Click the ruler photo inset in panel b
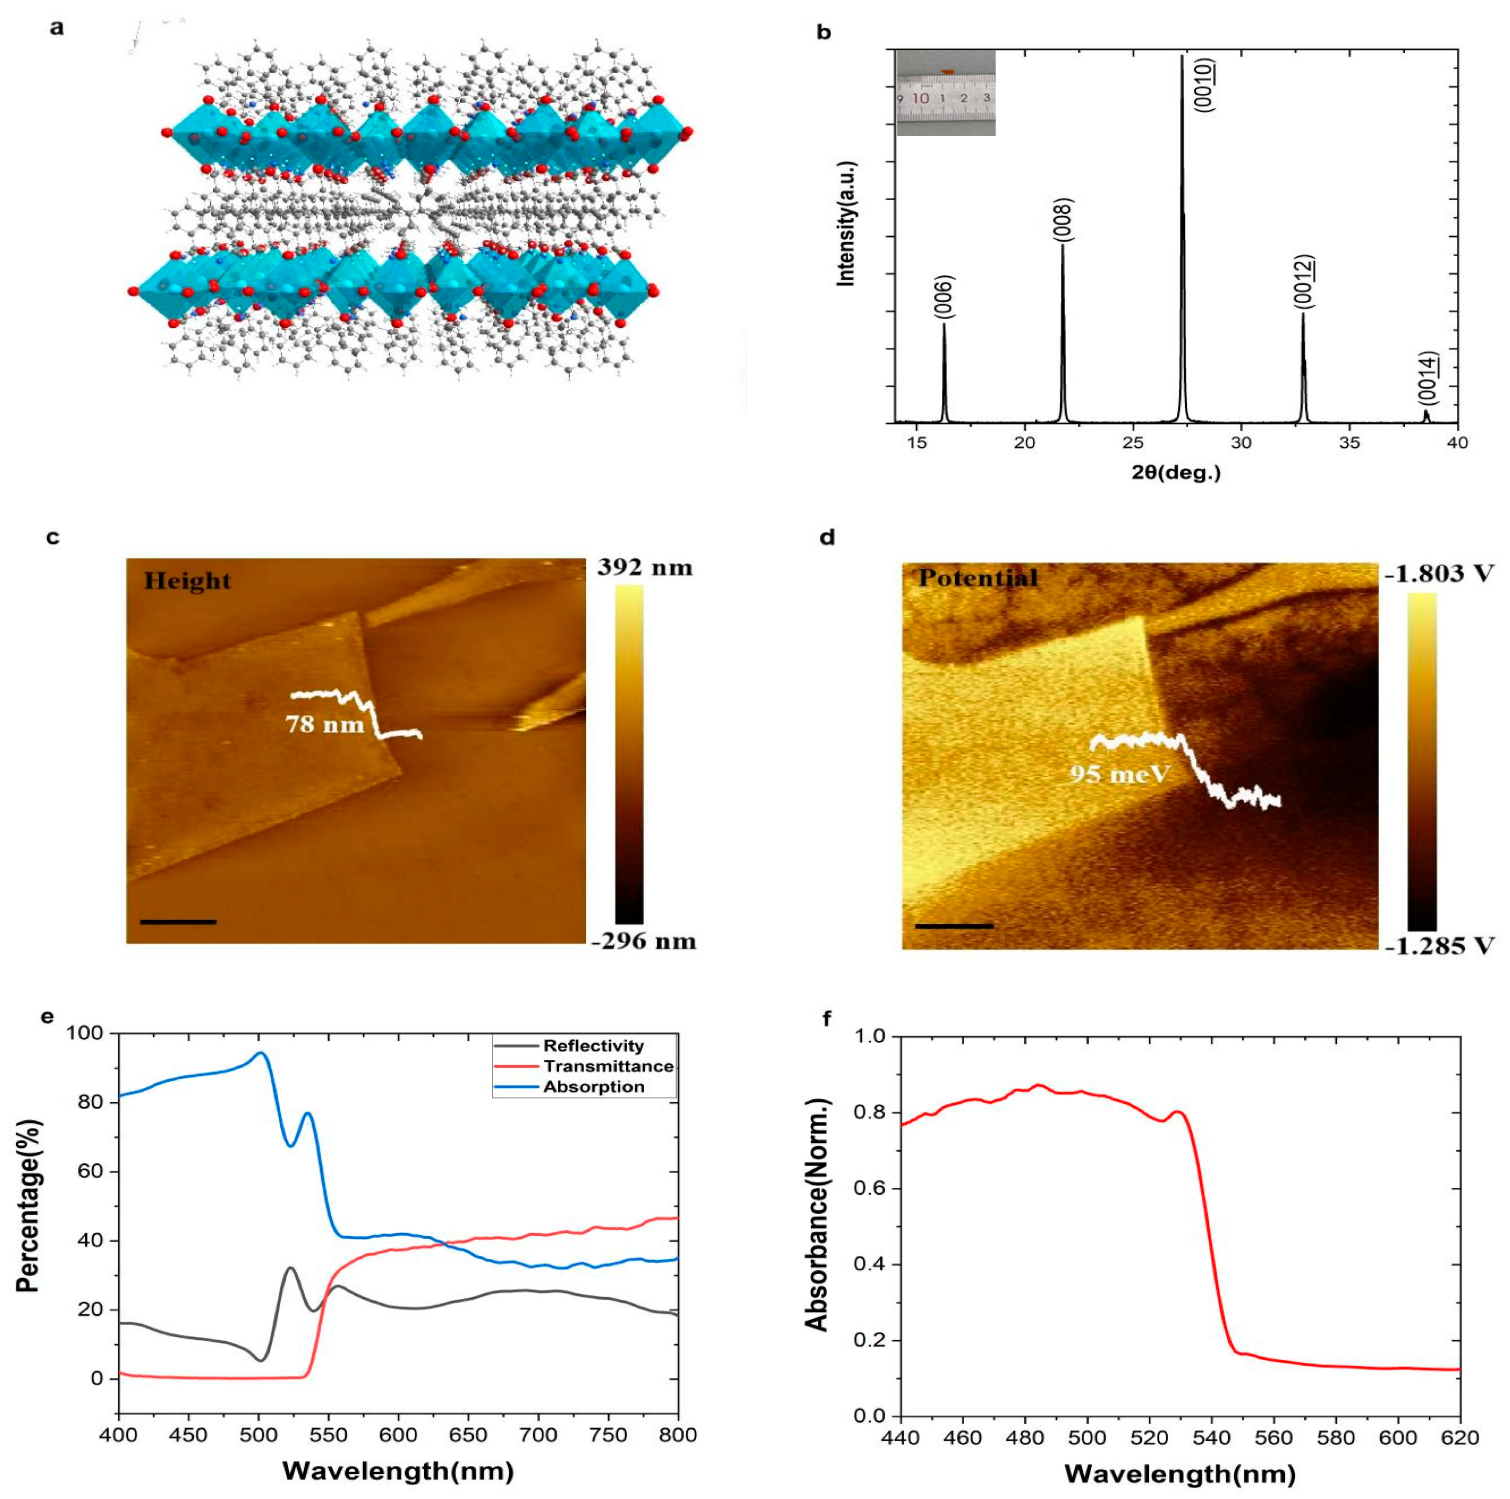[946, 92]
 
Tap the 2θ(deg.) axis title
[1176, 472]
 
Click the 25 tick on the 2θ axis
[1133, 443]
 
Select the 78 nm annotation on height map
[325, 725]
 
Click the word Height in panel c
[187, 581]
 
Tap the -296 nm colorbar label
[643, 941]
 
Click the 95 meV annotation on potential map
[1119, 774]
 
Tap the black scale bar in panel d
[953, 926]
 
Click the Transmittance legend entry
[608, 1066]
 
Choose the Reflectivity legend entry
[593, 1045]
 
